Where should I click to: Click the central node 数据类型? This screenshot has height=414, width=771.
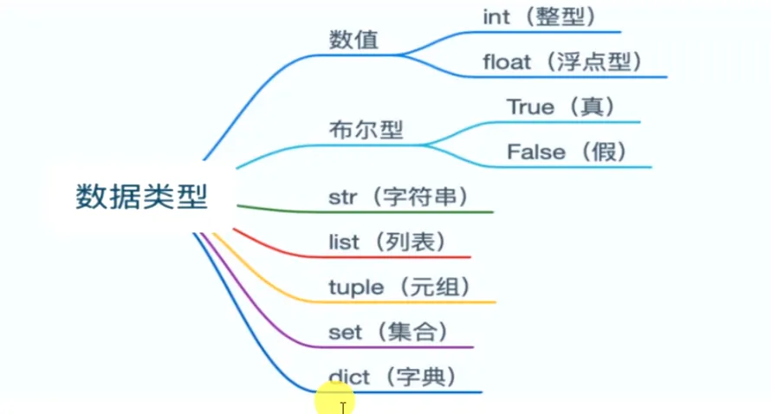click(141, 197)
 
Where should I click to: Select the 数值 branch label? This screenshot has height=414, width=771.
click(353, 40)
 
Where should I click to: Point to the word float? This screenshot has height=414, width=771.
click(505, 61)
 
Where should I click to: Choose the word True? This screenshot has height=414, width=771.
click(530, 107)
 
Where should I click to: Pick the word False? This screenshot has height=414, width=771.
click(535, 152)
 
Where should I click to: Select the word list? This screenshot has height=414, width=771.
click(343, 243)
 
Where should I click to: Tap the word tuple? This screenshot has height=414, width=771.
click(355, 288)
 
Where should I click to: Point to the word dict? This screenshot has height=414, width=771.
click(349, 377)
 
